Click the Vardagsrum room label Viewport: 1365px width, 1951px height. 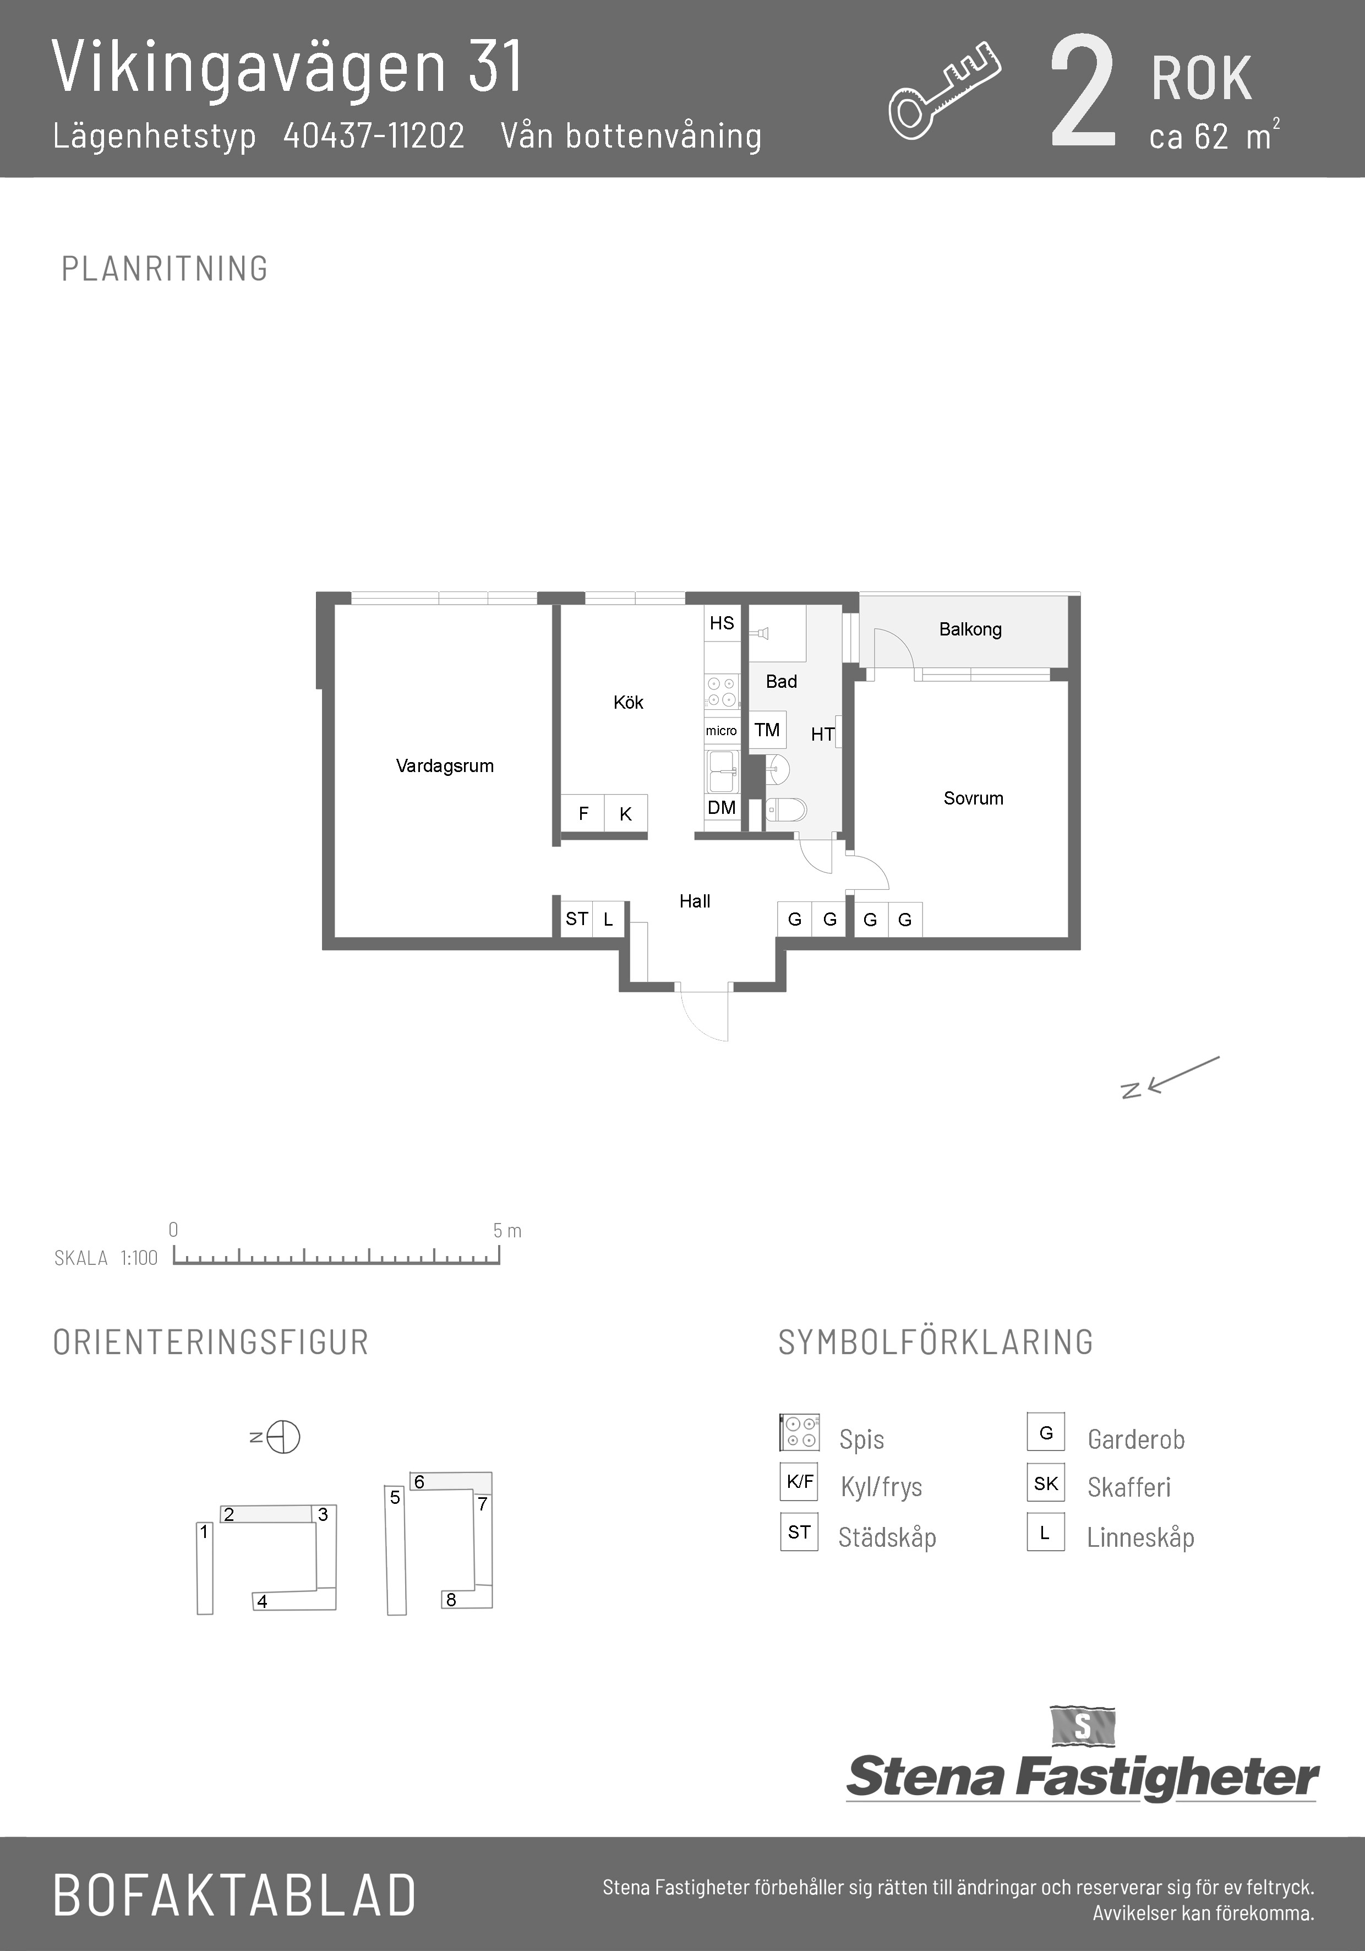pos(444,765)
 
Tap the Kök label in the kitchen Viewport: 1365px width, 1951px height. pos(629,702)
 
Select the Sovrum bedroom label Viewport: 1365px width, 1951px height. pos(974,798)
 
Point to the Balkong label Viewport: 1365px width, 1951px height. pos(970,629)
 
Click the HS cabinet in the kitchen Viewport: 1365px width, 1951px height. pos(722,623)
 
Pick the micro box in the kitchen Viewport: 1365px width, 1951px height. pos(721,731)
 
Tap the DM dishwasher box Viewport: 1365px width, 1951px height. pos(722,807)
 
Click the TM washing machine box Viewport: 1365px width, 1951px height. pos(767,730)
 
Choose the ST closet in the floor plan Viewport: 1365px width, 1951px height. pos(577,919)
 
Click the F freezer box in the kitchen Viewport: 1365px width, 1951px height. pos(583,814)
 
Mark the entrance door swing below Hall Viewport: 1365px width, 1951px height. pos(704,1014)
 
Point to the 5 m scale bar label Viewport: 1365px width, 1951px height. pos(507,1230)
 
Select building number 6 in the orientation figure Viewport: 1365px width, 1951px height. pos(419,1482)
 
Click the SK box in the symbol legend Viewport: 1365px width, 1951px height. pos(1046,1483)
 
